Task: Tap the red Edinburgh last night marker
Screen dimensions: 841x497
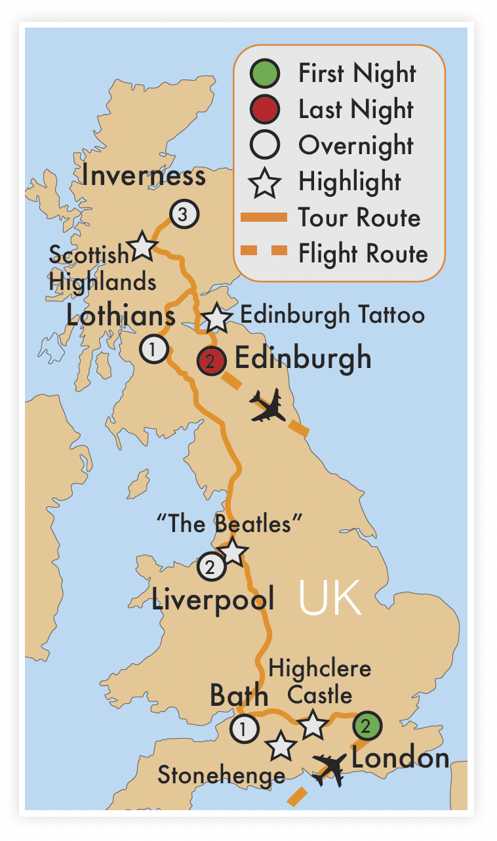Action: (212, 360)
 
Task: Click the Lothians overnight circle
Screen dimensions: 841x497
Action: (154, 349)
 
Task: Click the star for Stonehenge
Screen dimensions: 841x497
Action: (281, 746)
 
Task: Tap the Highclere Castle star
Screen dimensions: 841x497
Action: (313, 724)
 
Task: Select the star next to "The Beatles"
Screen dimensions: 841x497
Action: (233, 552)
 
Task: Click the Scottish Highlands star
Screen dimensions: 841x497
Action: (142, 247)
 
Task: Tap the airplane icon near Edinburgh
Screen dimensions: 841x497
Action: (268, 406)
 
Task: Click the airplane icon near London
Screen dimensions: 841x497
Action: (330, 769)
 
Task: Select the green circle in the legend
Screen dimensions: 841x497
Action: (266, 73)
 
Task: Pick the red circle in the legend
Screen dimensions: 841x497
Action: (266, 109)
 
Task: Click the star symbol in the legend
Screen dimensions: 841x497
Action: (266, 182)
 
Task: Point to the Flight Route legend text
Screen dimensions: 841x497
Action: (363, 253)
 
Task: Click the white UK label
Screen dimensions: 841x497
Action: (329, 598)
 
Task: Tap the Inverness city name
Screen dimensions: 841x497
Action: (144, 176)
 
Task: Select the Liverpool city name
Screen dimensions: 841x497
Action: (212, 599)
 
